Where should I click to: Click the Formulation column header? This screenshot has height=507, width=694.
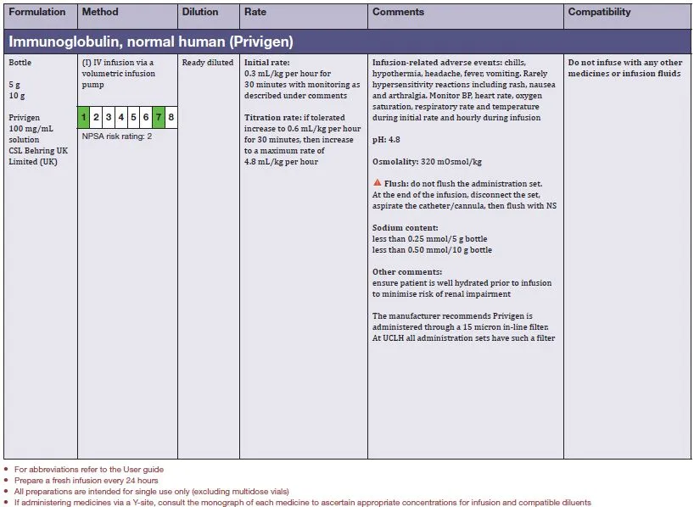click(x=36, y=13)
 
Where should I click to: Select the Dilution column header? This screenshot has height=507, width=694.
click(x=199, y=13)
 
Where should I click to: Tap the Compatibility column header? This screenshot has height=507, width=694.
click(x=599, y=13)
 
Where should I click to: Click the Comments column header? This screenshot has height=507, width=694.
click(x=398, y=13)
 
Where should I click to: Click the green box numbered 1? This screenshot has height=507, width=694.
click(x=84, y=118)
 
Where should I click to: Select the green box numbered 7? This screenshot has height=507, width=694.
click(x=159, y=118)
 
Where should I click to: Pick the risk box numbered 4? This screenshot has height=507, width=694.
click(x=121, y=118)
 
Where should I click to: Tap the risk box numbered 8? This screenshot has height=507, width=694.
click(x=171, y=118)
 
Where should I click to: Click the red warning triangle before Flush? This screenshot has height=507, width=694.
click(x=377, y=184)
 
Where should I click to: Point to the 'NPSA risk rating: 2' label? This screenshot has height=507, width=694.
click(x=117, y=136)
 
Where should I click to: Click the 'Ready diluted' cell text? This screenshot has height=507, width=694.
click(x=207, y=63)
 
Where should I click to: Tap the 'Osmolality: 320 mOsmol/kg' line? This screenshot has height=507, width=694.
click(x=427, y=161)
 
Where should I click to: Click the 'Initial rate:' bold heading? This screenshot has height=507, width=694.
click(x=266, y=63)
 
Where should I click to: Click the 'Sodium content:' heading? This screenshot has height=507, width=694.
click(x=406, y=228)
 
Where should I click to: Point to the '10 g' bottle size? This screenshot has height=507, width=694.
click(x=18, y=96)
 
